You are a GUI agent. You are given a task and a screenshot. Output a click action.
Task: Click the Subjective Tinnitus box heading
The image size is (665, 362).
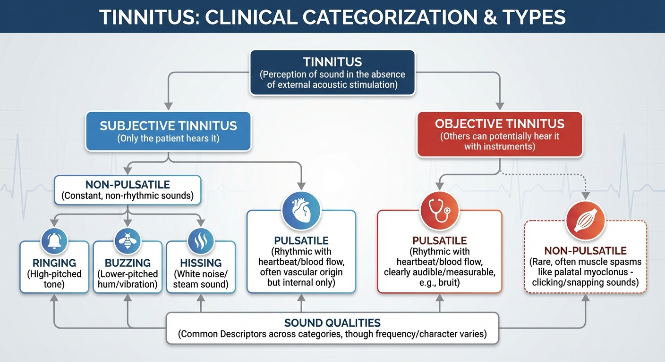[x=168, y=126]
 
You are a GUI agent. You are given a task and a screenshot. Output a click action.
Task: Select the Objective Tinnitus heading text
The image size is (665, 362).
[x=500, y=124]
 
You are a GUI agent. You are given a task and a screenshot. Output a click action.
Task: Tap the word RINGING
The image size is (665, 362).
[x=54, y=263]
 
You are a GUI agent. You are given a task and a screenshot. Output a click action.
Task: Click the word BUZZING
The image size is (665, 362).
[x=128, y=263]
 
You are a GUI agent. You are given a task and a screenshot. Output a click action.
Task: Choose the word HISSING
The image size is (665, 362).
[x=201, y=263]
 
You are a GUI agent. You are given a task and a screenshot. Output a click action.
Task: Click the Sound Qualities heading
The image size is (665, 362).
[x=332, y=323]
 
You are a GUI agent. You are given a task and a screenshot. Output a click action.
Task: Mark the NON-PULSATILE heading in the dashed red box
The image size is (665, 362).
[x=585, y=251]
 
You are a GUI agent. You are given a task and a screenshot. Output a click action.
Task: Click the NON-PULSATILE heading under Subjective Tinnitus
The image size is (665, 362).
[x=128, y=184]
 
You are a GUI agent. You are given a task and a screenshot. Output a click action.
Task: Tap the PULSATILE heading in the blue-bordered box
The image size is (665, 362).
[x=300, y=241]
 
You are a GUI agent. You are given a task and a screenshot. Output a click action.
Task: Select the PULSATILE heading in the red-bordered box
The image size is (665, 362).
[x=440, y=241]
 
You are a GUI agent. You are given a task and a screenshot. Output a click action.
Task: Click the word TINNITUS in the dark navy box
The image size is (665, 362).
[x=332, y=62]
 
